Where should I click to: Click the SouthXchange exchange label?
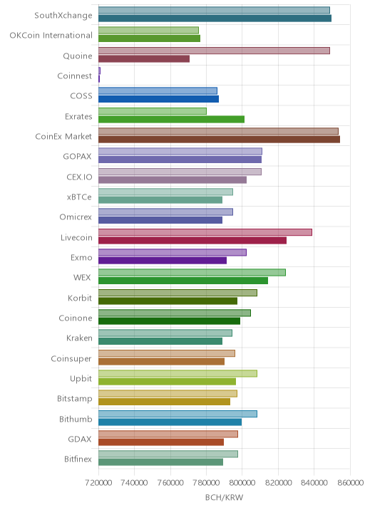click(x=63, y=16)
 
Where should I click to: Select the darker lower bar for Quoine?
click(x=144, y=59)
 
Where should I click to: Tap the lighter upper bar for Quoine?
click(x=214, y=51)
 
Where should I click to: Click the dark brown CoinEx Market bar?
click(x=219, y=140)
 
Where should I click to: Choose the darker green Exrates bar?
click(x=171, y=120)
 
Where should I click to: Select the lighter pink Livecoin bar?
click(x=205, y=232)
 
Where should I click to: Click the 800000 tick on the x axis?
click(x=242, y=483)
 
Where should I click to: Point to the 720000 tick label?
click(x=98, y=483)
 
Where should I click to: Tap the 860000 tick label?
click(x=350, y=483)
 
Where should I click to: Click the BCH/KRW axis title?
click(x=224, y=497)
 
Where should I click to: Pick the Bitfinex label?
click(x=78, y=459)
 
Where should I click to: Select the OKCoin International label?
click(x=51, y=35)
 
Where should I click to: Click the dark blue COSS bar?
click(x=158, y=99)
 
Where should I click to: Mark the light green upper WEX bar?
click(x=192, y=273)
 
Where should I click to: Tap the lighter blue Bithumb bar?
click(x=178, y=414)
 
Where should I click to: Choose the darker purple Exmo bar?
click(x=163, y=261)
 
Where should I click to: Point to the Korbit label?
click(x=80, y=298)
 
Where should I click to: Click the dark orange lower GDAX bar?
click(x=161, y=442)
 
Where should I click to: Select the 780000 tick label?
click(x=206, y=483)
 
